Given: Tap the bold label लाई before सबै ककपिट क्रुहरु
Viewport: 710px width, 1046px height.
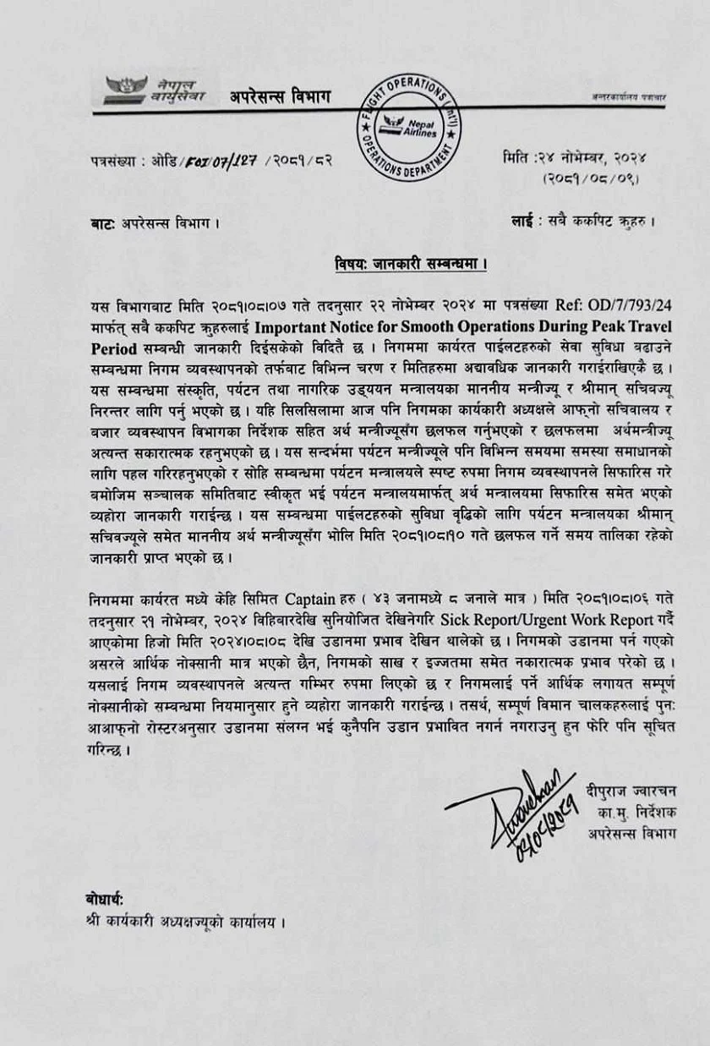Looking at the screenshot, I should (521, 223).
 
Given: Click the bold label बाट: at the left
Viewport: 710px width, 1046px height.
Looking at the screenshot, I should (103, 225).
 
